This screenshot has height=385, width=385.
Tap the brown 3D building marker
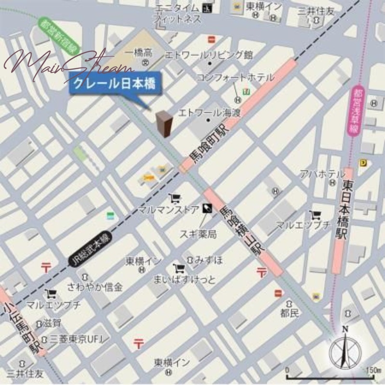(x=164, y=123)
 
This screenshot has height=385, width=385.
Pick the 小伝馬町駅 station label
(x=19, y=321)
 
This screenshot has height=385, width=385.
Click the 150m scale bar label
(x=370, y=370)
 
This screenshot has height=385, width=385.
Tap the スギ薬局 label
(x=198, y=234)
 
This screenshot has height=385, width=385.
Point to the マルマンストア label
(x=168, y=209)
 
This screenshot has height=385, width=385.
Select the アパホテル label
(x=322, y=174)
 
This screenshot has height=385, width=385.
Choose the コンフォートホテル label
(x=235, y=77)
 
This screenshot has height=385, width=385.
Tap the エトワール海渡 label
(x=209, y=113)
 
